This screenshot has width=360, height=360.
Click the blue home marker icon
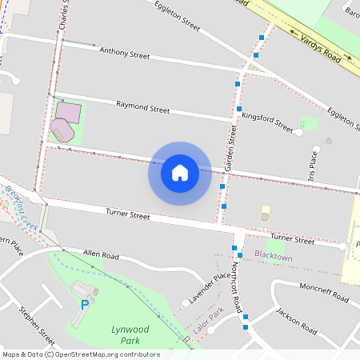click(180, 173)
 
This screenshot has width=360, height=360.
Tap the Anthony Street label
click(124, 54)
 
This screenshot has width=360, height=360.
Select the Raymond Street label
click(142, 106)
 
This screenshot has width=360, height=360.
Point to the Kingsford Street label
click(267, 121)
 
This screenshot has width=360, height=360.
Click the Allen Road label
click(101, 255)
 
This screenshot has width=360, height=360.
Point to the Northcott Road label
click(236, 288)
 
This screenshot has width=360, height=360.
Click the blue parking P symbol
click(85, 305)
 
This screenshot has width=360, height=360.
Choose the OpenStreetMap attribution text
click(80, 354)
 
